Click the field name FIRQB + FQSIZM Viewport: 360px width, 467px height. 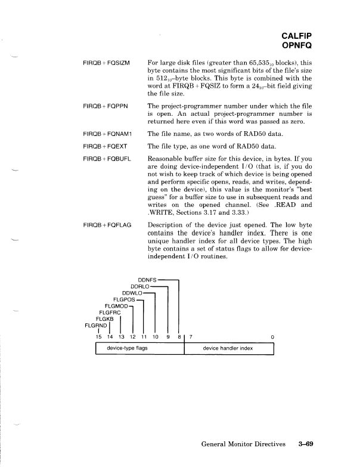[111, 62]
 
